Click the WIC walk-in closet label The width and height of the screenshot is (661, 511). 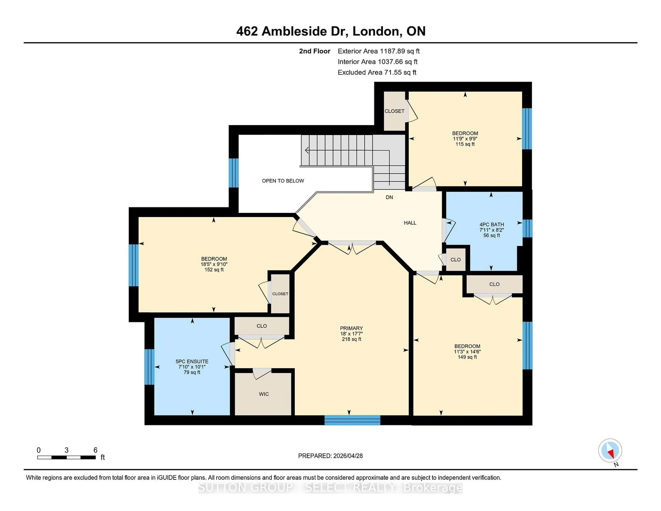coord(264,394)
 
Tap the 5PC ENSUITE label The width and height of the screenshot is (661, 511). coord(192,361)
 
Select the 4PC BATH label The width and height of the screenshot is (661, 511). coord(491,224)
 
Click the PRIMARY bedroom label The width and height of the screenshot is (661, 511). coord(351,328)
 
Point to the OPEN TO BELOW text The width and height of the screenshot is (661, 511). coord(283,181)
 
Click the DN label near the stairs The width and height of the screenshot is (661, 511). coord(389,197)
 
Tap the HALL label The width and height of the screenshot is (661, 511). coord(410,223)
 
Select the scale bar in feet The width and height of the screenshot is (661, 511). coord(67,457)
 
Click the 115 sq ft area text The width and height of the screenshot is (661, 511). coord(465,144)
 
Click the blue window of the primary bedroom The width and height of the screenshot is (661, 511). coord(352,420)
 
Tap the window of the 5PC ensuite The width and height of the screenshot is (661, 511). coord(149,367)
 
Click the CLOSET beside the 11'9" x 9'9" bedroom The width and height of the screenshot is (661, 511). coord(394,111)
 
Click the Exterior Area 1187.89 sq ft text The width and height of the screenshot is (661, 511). coord(378,51)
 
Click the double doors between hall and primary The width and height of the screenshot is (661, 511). coord(352,247)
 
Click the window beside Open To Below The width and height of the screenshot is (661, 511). coord(233,173)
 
